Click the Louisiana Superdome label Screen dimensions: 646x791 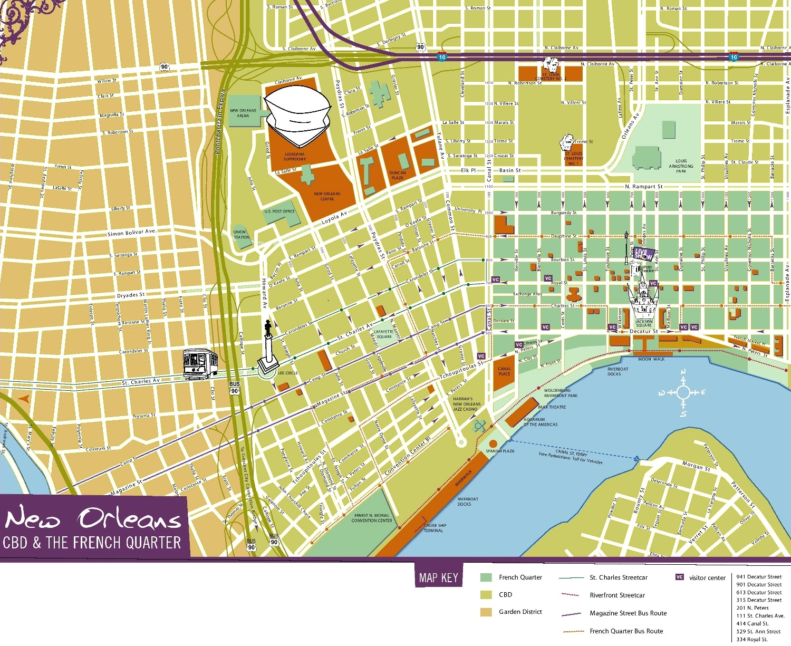[294, 156]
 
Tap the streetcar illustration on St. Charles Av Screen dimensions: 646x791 [200, 363]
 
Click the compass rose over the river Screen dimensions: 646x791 [683, 392]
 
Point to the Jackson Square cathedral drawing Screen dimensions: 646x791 [643, 298]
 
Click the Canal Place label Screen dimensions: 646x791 [504, 371]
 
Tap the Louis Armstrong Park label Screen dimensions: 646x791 [681, 166]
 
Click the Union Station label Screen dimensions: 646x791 [242, 234]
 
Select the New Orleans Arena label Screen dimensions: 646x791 [243, 113]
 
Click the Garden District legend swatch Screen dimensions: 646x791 [486, 612]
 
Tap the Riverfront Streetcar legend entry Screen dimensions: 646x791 [617, 595]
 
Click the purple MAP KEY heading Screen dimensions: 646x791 [438, 577]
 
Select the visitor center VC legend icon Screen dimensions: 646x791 [680, 577]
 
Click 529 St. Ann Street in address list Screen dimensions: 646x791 [758, 631]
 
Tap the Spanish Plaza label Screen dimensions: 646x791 [499, 451]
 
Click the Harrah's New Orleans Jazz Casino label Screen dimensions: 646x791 [465, 404]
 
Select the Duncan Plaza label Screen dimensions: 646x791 [397, 175]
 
